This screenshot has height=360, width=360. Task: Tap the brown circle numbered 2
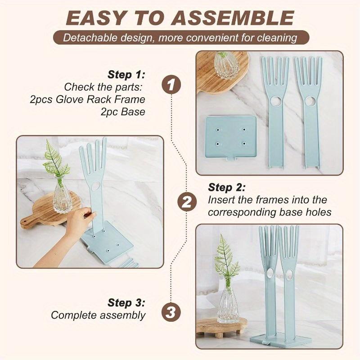[185, 201]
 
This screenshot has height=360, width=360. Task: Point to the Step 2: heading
[227, 187]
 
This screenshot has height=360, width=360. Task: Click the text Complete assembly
[98, 315]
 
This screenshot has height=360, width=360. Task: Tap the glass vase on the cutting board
[62, 198]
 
